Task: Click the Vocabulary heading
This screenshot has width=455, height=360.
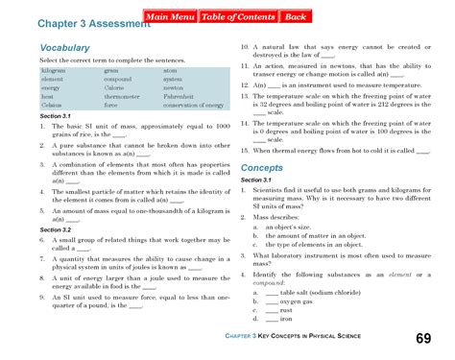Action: pyautogui.click(x=65, y=47)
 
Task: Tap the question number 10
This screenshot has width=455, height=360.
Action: pyautogui.click(x=245, y=47)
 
